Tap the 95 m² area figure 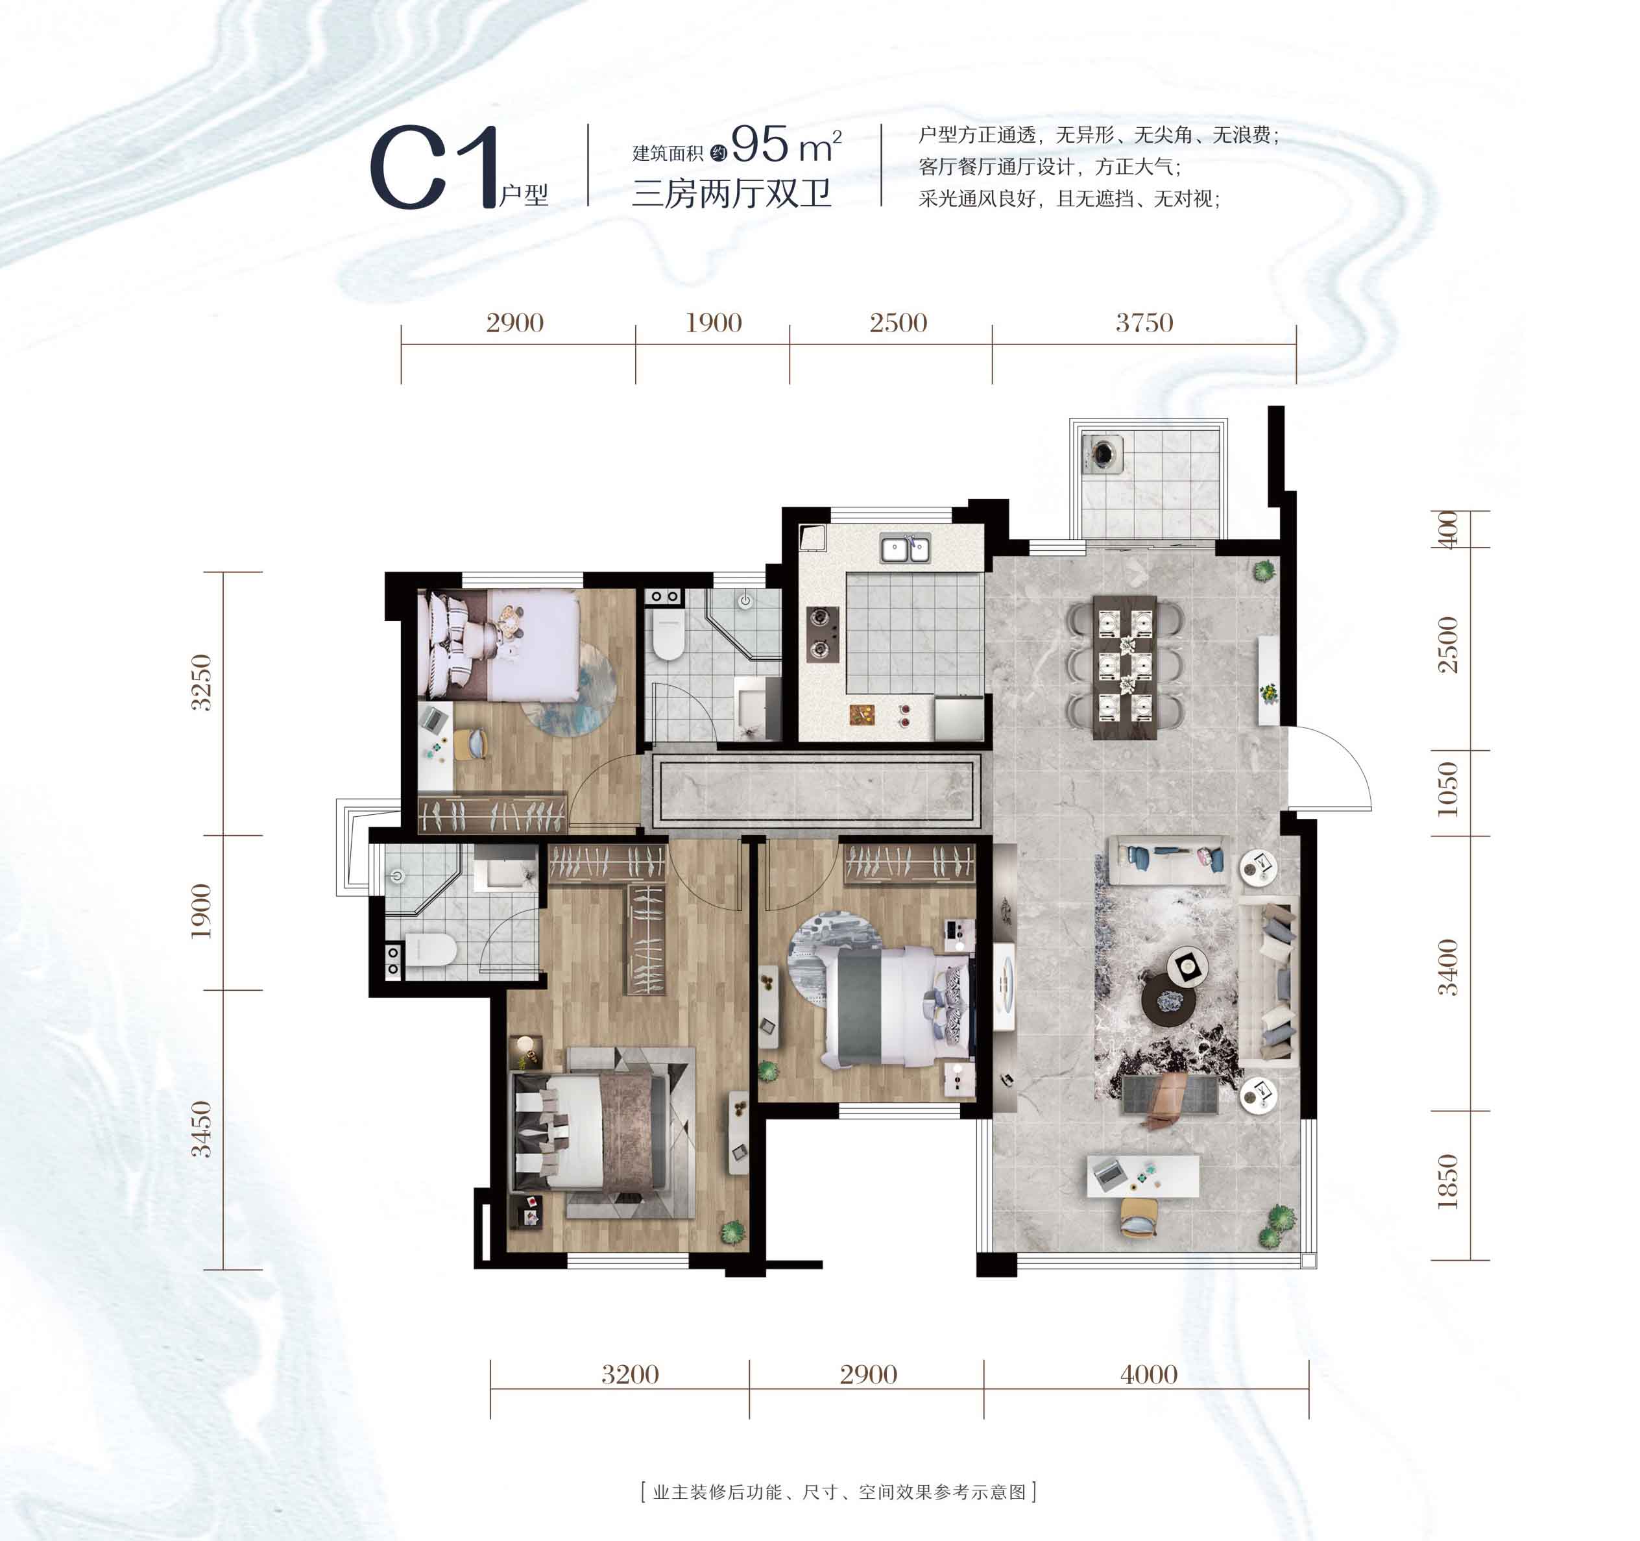(786, 145)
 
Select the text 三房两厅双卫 (732, 194)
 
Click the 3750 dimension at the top (1144, 322)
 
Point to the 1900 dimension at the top (714, 322)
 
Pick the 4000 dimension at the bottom (1149, 1374)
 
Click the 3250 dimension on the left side (201, 682)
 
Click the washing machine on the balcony (1103, 453)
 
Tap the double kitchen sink (905, 548)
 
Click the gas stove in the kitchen (823, 633)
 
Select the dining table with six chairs (1126, 666)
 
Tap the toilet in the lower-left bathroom (431, 949)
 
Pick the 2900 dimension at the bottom (869, 1374)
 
